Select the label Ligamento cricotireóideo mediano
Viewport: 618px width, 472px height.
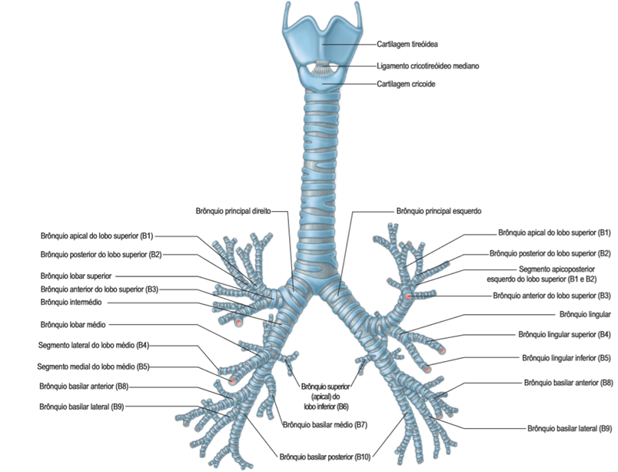[x=428, y=66]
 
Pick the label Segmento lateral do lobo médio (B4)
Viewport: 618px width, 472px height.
[x=93, y=345]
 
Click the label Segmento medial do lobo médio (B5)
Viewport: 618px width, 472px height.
[x=93, y=366]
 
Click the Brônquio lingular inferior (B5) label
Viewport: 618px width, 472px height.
[x=566, y=358]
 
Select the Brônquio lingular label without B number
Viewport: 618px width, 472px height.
[x=576, y=315]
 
